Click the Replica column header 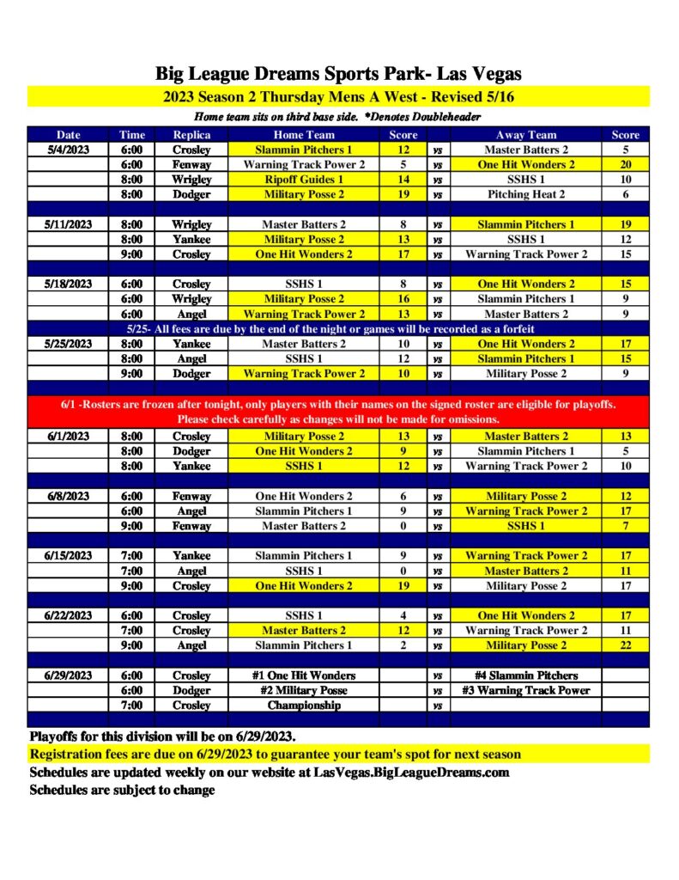coord(191,135)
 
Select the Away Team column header coord(526,135)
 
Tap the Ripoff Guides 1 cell coord(305,180)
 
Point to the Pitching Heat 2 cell coord(526,194)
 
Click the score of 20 coord(625,165)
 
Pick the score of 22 coord(625,645)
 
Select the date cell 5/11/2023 coord(70,224)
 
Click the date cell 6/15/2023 coord(70,556)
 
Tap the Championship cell coord(304,706)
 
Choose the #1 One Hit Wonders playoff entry coord(304,675)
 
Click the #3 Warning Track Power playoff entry coord(526,690)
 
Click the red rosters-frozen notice coord(338,412)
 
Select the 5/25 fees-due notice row coord(338,329)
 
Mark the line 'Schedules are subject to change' coord(122,790)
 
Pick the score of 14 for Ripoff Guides coord(403,180)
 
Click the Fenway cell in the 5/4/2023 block coord(191,165)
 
